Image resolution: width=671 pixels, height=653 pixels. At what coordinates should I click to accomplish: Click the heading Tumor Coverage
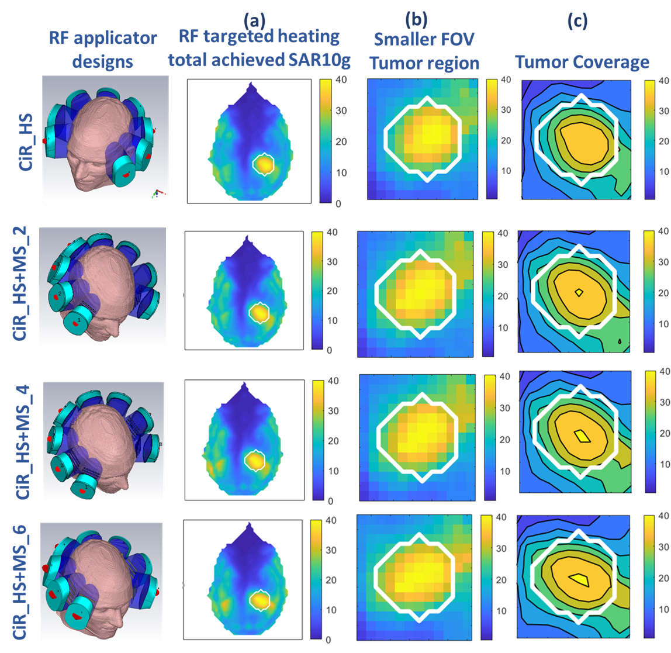pyautogui.click(x=582, y=62)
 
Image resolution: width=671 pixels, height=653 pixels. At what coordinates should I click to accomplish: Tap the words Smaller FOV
pyautogui.click(x=424, y=40)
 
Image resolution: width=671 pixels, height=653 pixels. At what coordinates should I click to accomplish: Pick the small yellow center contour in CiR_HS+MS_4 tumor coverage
pyautogui.click(x=581, y=436)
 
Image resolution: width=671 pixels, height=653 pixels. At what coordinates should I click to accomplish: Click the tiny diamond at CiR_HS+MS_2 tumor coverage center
pyautogui.click(x=579, y=292)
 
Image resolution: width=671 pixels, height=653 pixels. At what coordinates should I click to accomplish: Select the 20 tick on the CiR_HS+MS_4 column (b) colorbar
pyautogui.click(x=504, y=440)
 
